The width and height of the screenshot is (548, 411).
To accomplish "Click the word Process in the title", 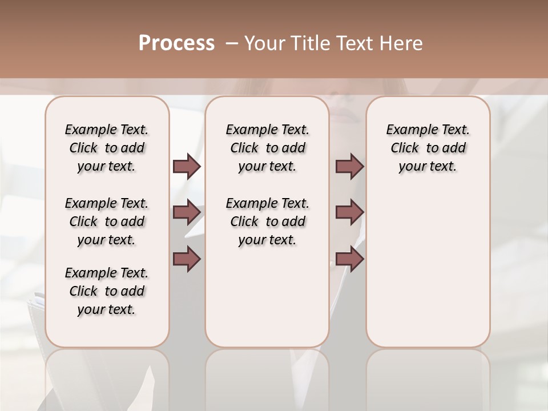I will click(176, 43).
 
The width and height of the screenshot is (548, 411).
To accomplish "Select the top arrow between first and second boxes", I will click(187, 166).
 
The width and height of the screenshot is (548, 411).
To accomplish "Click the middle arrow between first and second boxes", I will click(187, 212).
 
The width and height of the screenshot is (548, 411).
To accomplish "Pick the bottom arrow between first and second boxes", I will click(187, 259).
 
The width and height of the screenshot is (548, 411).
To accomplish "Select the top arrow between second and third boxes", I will click(349, 166).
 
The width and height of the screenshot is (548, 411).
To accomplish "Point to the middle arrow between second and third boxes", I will click(349, 212).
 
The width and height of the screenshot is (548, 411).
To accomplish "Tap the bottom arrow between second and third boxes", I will click(349, 259).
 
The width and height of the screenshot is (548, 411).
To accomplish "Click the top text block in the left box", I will click(107, 148).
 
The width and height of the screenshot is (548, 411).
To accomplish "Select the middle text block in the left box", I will click(107, 221).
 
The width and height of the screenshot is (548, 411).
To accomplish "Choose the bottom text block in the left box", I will click(107, 291).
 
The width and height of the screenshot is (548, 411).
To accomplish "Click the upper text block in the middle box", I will click(267, 148).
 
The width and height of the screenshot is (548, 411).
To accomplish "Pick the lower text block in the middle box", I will click(267, 221).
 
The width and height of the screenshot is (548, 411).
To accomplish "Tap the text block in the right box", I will click(428, 148).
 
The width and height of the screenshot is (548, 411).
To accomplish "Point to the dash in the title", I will click(232, 43).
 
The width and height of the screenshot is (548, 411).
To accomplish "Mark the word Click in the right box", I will click(405, 148).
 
